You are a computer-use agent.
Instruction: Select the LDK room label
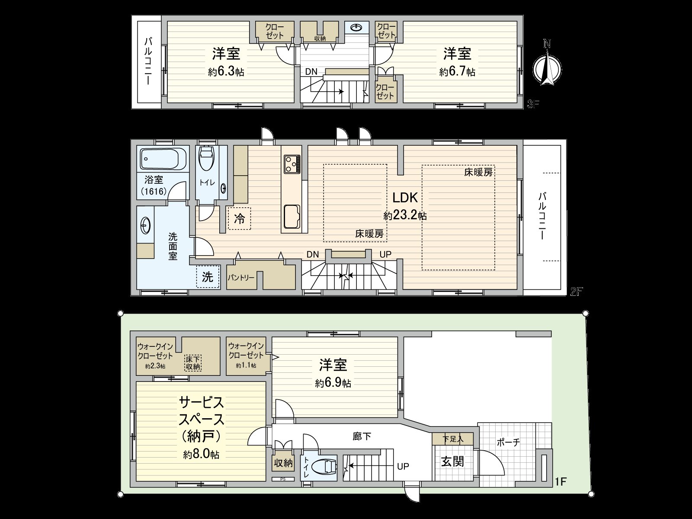coord(405,198)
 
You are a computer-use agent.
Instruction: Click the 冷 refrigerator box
coord(239,218)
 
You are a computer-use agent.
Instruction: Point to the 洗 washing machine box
coord(208,277)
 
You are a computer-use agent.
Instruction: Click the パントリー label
coord(241,277)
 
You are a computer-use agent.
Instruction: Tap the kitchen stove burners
coord(292,163)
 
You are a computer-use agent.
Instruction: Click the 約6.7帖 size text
coord(457,72)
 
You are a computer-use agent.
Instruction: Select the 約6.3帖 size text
coord(226,72)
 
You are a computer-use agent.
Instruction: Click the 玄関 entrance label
coord(452,461)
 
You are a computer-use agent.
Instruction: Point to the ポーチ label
coord(508,442)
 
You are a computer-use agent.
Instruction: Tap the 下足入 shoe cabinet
coord(452,439)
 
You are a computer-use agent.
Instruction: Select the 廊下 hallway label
coord(362,436)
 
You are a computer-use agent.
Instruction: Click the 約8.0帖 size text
coord(201,455)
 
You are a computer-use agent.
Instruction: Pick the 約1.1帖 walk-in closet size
coord(246,366)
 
